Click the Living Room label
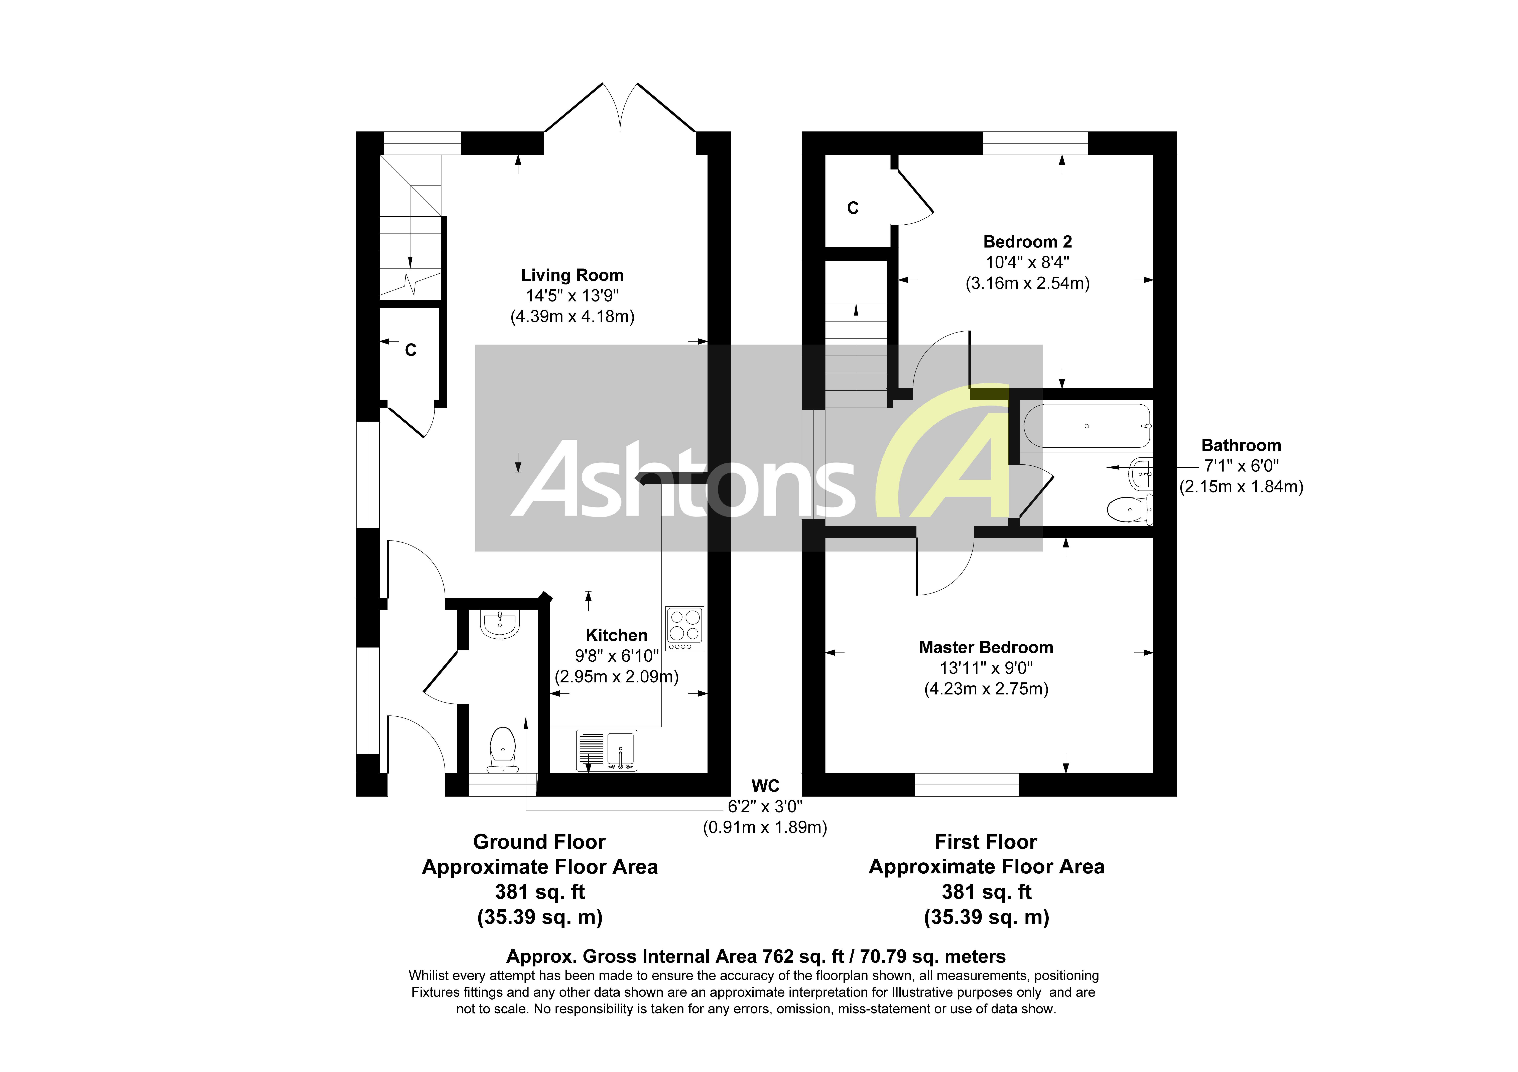pyautogui.click(x=572, y=275)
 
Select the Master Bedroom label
pyautogui.click(x=986, y=647)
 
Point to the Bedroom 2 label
pyautogui.click(x=1027, y=242)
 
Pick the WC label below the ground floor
pyautogui.click(x=765, y=786)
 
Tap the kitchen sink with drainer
pyautogui.click(x=606, y=750)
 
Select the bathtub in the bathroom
pyautogui.click(x=1087, y=426)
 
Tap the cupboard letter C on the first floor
pyautogui.click(x=853, y=208)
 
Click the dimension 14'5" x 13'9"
pyautogui.click(x=572, y=295)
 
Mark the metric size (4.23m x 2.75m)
pyautogui.click(x=986, y=689)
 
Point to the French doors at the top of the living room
pyautogui.click(x=620, y=109)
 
